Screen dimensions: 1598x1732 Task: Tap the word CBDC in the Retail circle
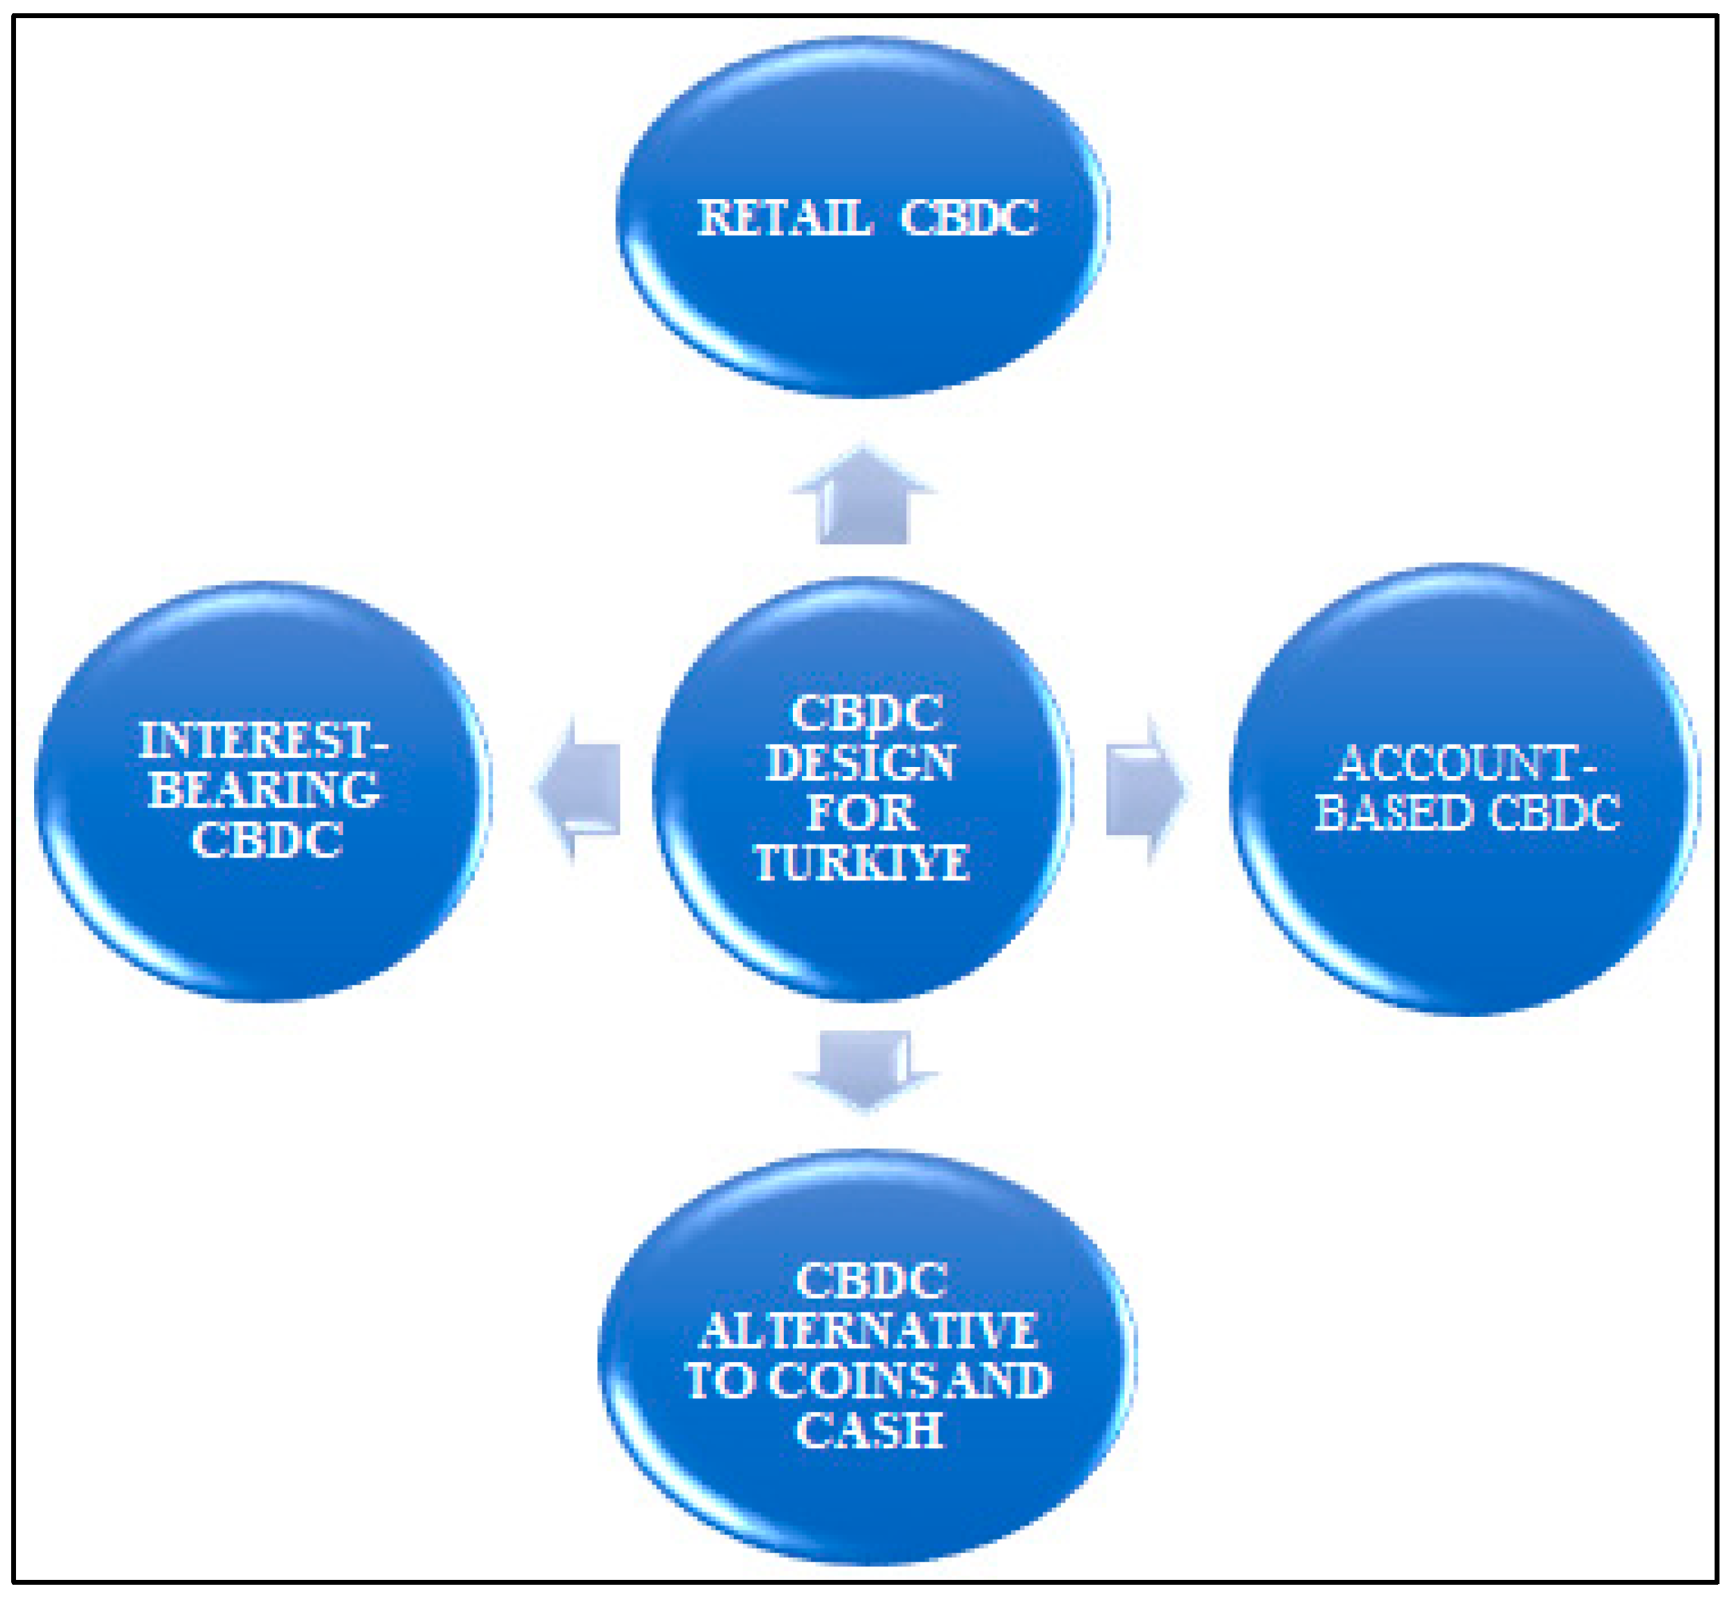point(968,217)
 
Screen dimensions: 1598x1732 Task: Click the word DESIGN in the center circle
point(860,763)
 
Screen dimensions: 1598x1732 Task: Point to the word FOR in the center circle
point(860,813)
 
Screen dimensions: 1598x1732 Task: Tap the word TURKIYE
point(862,863)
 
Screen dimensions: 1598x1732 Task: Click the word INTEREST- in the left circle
point(264,741)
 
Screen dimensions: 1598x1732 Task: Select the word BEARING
point(264,789)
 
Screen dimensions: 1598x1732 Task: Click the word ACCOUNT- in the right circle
point(1465,763)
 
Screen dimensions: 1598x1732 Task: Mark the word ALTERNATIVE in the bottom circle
point(868,1331)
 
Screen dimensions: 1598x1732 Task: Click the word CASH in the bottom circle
point(869,1430)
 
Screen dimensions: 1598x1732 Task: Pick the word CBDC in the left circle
point(267,839)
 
